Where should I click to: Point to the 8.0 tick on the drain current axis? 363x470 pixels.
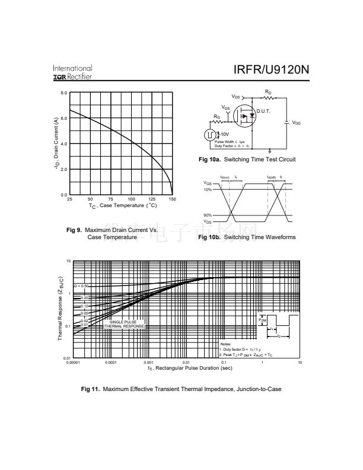click(64, 93)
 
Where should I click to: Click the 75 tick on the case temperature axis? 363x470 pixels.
click(111, 199)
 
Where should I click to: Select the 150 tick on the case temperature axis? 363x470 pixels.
click(172, 199)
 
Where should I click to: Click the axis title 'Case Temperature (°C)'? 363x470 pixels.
click(123, 205)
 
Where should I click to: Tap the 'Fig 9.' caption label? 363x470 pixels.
click(75, 230)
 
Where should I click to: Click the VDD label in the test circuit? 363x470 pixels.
click(296, 123)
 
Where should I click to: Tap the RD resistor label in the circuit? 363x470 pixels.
click(268, 92)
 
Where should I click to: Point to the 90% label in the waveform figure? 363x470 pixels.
click(208, 215)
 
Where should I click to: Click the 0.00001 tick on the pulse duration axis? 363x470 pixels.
click(73, 362)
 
